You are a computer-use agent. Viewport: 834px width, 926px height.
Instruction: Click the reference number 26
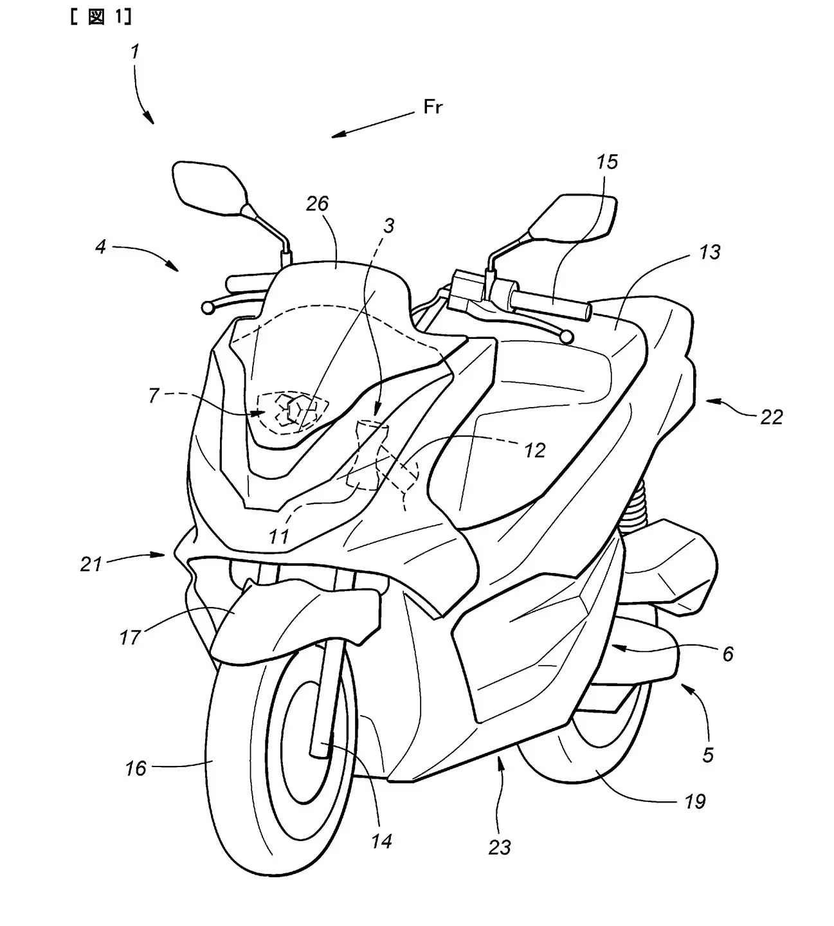pos(318,204)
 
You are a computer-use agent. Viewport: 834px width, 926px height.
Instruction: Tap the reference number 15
pos(606,162)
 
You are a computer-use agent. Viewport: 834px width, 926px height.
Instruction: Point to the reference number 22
pos(771,417)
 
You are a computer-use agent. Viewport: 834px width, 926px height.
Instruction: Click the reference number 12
pos(534,450)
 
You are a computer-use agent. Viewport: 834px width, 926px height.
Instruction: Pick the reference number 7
pos(153,395)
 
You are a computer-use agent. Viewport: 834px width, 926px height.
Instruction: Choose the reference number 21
pos(91,564)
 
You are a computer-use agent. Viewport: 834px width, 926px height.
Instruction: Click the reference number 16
pos(136,768)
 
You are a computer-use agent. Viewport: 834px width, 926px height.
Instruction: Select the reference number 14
pos(381,840)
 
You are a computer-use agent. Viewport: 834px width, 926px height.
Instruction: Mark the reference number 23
pos(499,848)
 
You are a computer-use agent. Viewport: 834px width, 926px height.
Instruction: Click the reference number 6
pos(728,654)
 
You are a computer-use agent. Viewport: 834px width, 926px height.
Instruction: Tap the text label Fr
pos(433,107)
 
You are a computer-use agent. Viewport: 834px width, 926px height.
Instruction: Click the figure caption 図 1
pos(100,18)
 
